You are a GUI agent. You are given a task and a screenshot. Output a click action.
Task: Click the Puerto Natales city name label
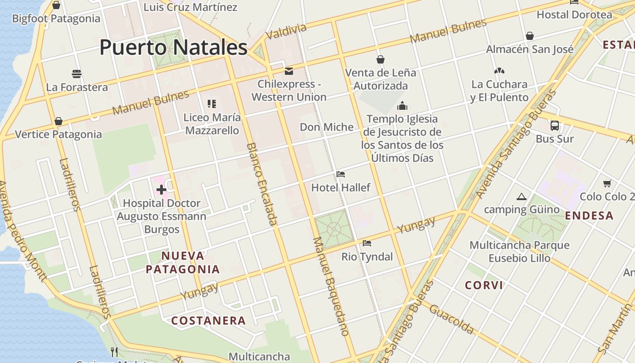tap(173, 48)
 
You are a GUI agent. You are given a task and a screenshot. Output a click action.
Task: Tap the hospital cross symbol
tap(161, 190)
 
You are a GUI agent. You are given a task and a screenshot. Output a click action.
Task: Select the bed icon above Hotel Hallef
tap(341, 174)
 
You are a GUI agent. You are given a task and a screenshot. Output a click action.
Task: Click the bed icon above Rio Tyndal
tap(367, 244)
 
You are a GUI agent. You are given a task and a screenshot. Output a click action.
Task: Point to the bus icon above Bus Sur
tap(554, 126)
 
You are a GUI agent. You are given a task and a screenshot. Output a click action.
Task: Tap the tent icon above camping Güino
tap(521, 196)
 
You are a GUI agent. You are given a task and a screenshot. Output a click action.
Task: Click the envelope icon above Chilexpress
tap(288, 71)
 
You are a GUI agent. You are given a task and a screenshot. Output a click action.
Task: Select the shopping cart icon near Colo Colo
tap(607, 183)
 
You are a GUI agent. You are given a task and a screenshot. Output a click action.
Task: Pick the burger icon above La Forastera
tap(76, 74)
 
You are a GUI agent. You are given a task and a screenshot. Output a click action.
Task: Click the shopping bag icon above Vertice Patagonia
tap(58, 121)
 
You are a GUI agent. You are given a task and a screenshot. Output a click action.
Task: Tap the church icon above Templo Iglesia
tap(402, 106)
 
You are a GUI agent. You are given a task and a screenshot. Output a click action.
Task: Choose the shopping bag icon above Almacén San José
tap(529, 36)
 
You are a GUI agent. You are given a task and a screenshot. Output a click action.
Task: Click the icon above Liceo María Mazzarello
tap(212, 104)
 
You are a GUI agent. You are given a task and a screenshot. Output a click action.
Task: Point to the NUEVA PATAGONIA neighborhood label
tap(183, 262)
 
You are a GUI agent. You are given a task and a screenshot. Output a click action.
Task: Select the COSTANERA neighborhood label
tap(208, 321)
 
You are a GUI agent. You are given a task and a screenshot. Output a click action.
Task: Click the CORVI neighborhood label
tap(484, 285)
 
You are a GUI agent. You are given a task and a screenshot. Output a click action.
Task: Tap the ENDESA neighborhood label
tap(590, 216)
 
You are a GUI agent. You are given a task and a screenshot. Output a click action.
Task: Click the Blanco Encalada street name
tap(262, 184)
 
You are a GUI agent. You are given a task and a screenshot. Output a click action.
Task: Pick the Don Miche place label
tap(327, 127)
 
